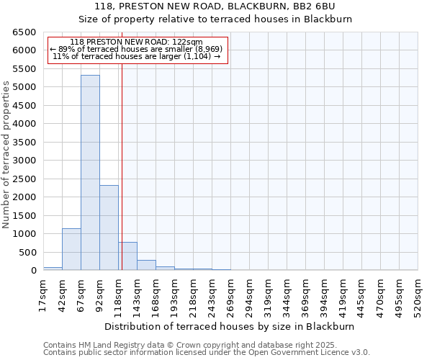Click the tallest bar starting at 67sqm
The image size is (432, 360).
pos(90,173)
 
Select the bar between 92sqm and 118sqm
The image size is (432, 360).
pos(109,228)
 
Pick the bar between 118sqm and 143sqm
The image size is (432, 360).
pos(127,256)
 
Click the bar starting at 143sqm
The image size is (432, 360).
pos(146,265)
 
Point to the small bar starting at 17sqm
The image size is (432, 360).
pos(53,269)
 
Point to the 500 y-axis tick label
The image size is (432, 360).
pos(27,253)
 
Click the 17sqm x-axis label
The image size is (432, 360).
pos(43,295)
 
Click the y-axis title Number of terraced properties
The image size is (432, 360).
pos(6,154)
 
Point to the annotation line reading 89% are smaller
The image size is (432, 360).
pos(137,49)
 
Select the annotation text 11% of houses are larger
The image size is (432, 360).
pos(137,56)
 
